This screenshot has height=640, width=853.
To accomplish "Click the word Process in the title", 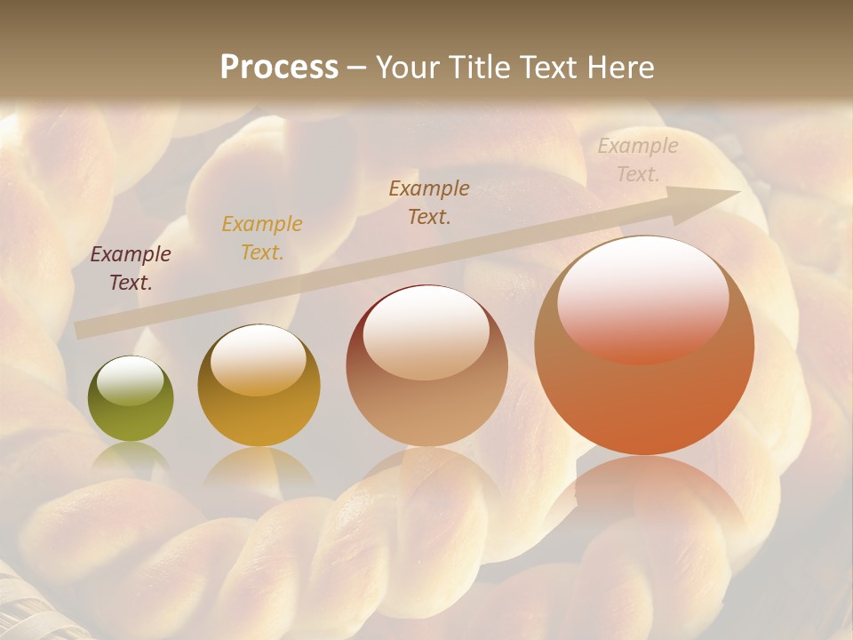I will click(279, 67).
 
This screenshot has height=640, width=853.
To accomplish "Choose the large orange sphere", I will click(644, 391).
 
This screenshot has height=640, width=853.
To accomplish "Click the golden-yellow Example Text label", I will click(262, 237).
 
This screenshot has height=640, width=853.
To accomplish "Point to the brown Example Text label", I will click(429, 202).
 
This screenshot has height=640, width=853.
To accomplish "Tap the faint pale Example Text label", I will click(638, 160).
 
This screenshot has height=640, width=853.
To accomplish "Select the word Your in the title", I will click(406, 67).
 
